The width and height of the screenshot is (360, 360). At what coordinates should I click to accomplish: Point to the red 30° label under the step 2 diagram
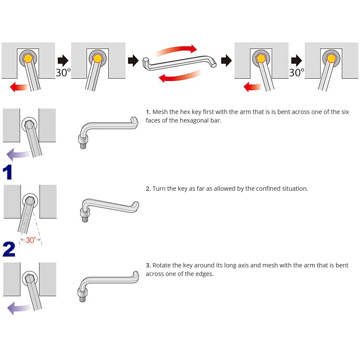(x=30, y=240)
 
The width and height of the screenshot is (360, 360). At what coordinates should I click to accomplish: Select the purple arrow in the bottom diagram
(x=19, y=307)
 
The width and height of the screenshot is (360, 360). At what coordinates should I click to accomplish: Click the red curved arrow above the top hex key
(x=177, y=50)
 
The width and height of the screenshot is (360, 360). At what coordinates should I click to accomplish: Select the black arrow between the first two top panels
(x=63, y=60)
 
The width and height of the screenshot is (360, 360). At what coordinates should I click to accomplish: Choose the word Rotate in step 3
(x=162, y=265)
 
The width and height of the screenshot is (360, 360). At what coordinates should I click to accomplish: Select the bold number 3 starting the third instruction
(x=148, y=265)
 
